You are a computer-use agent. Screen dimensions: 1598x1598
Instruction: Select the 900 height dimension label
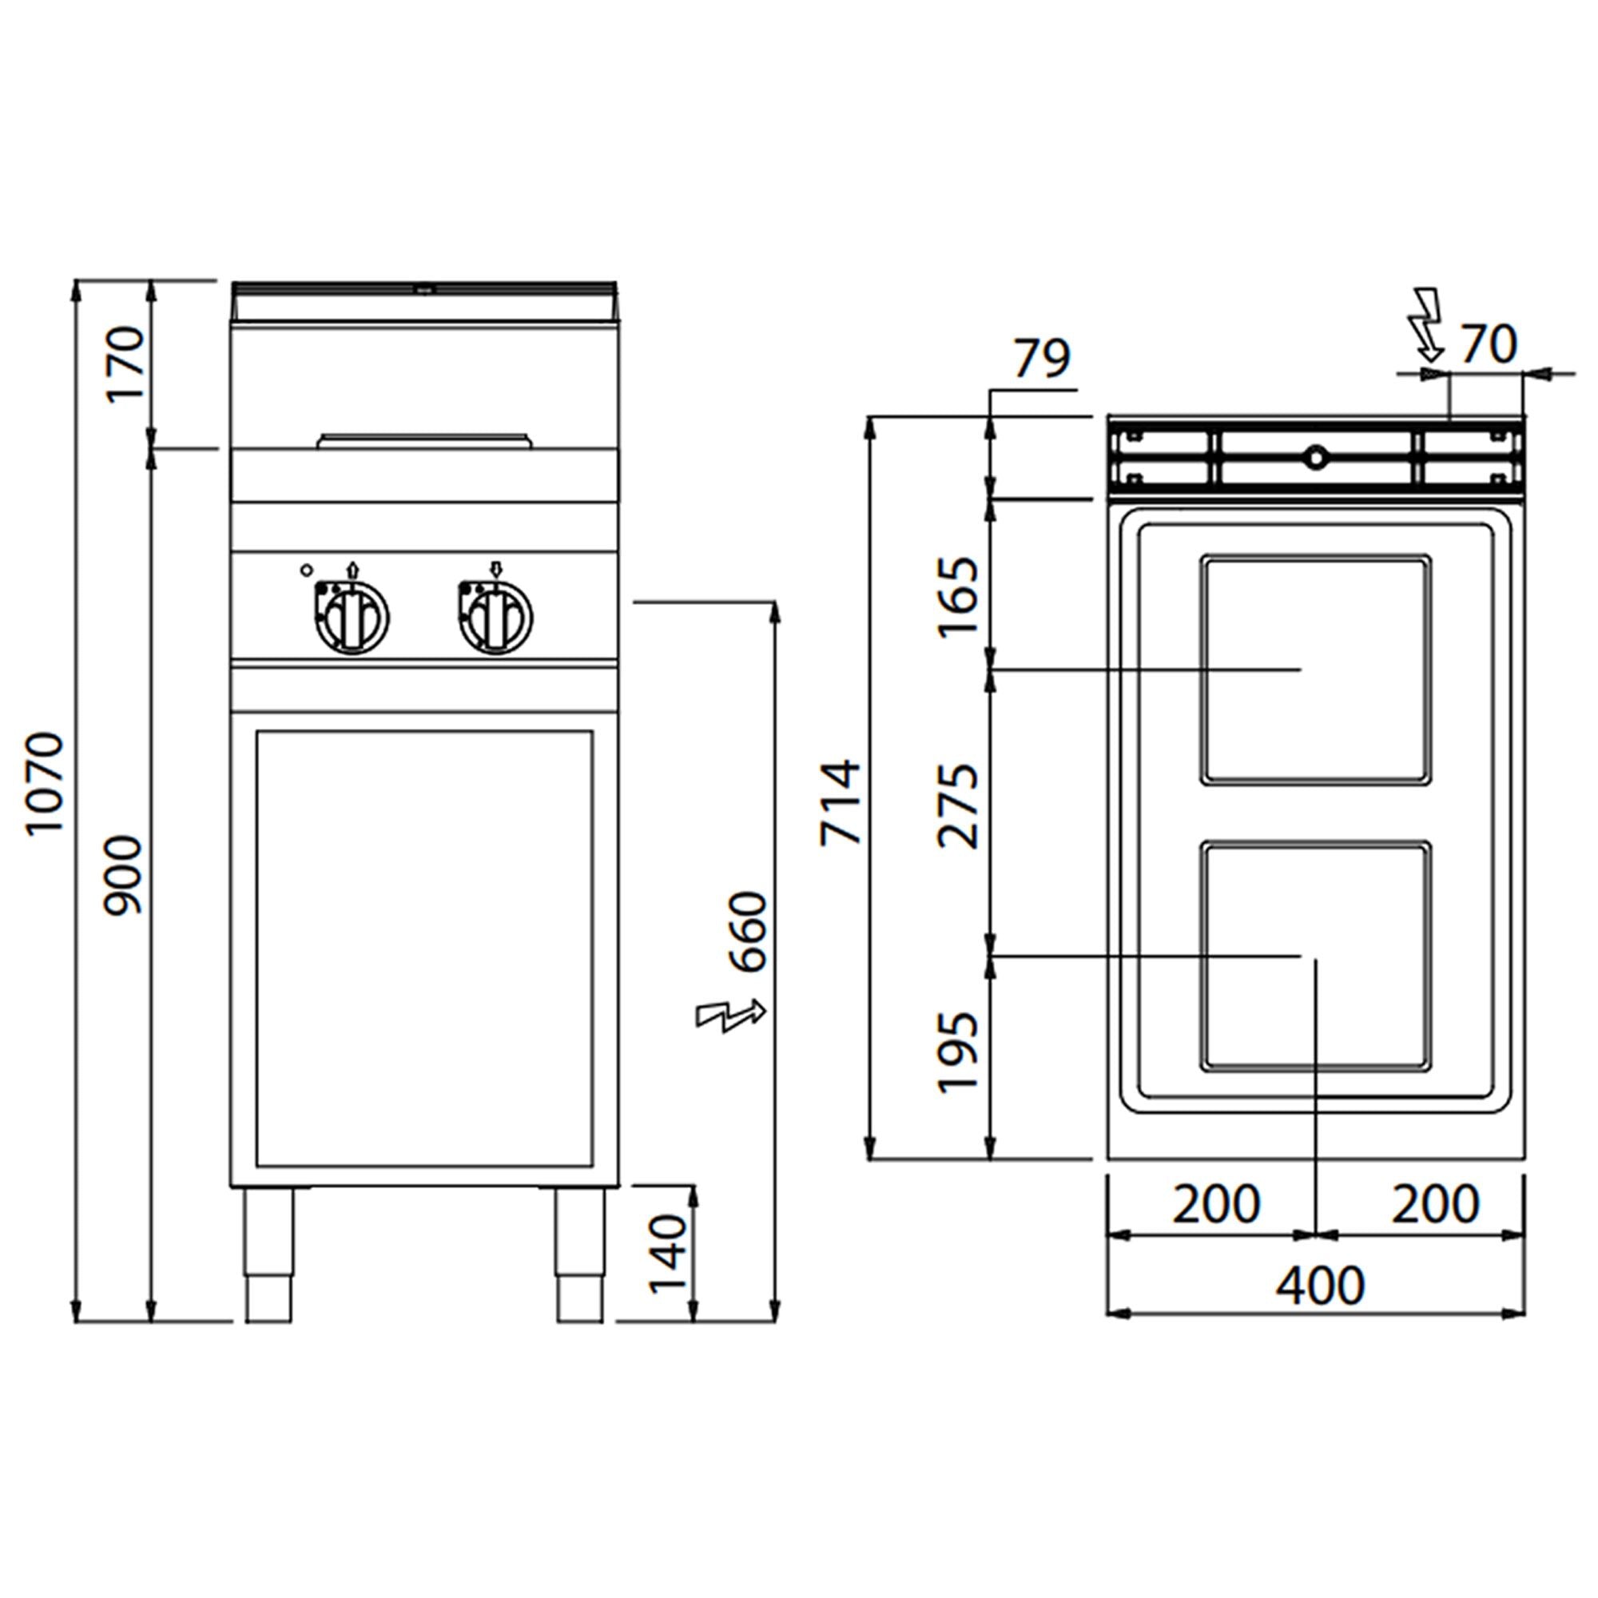pos(125,875)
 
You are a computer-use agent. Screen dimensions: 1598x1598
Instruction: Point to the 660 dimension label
pos(749,932)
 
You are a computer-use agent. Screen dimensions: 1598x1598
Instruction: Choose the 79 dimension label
pos(1042,357)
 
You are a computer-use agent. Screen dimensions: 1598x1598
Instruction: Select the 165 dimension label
pos(959,596)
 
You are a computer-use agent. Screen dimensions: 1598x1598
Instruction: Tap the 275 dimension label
pos(959,805)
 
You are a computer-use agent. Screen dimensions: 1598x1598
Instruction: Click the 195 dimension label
pos(959,1052)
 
